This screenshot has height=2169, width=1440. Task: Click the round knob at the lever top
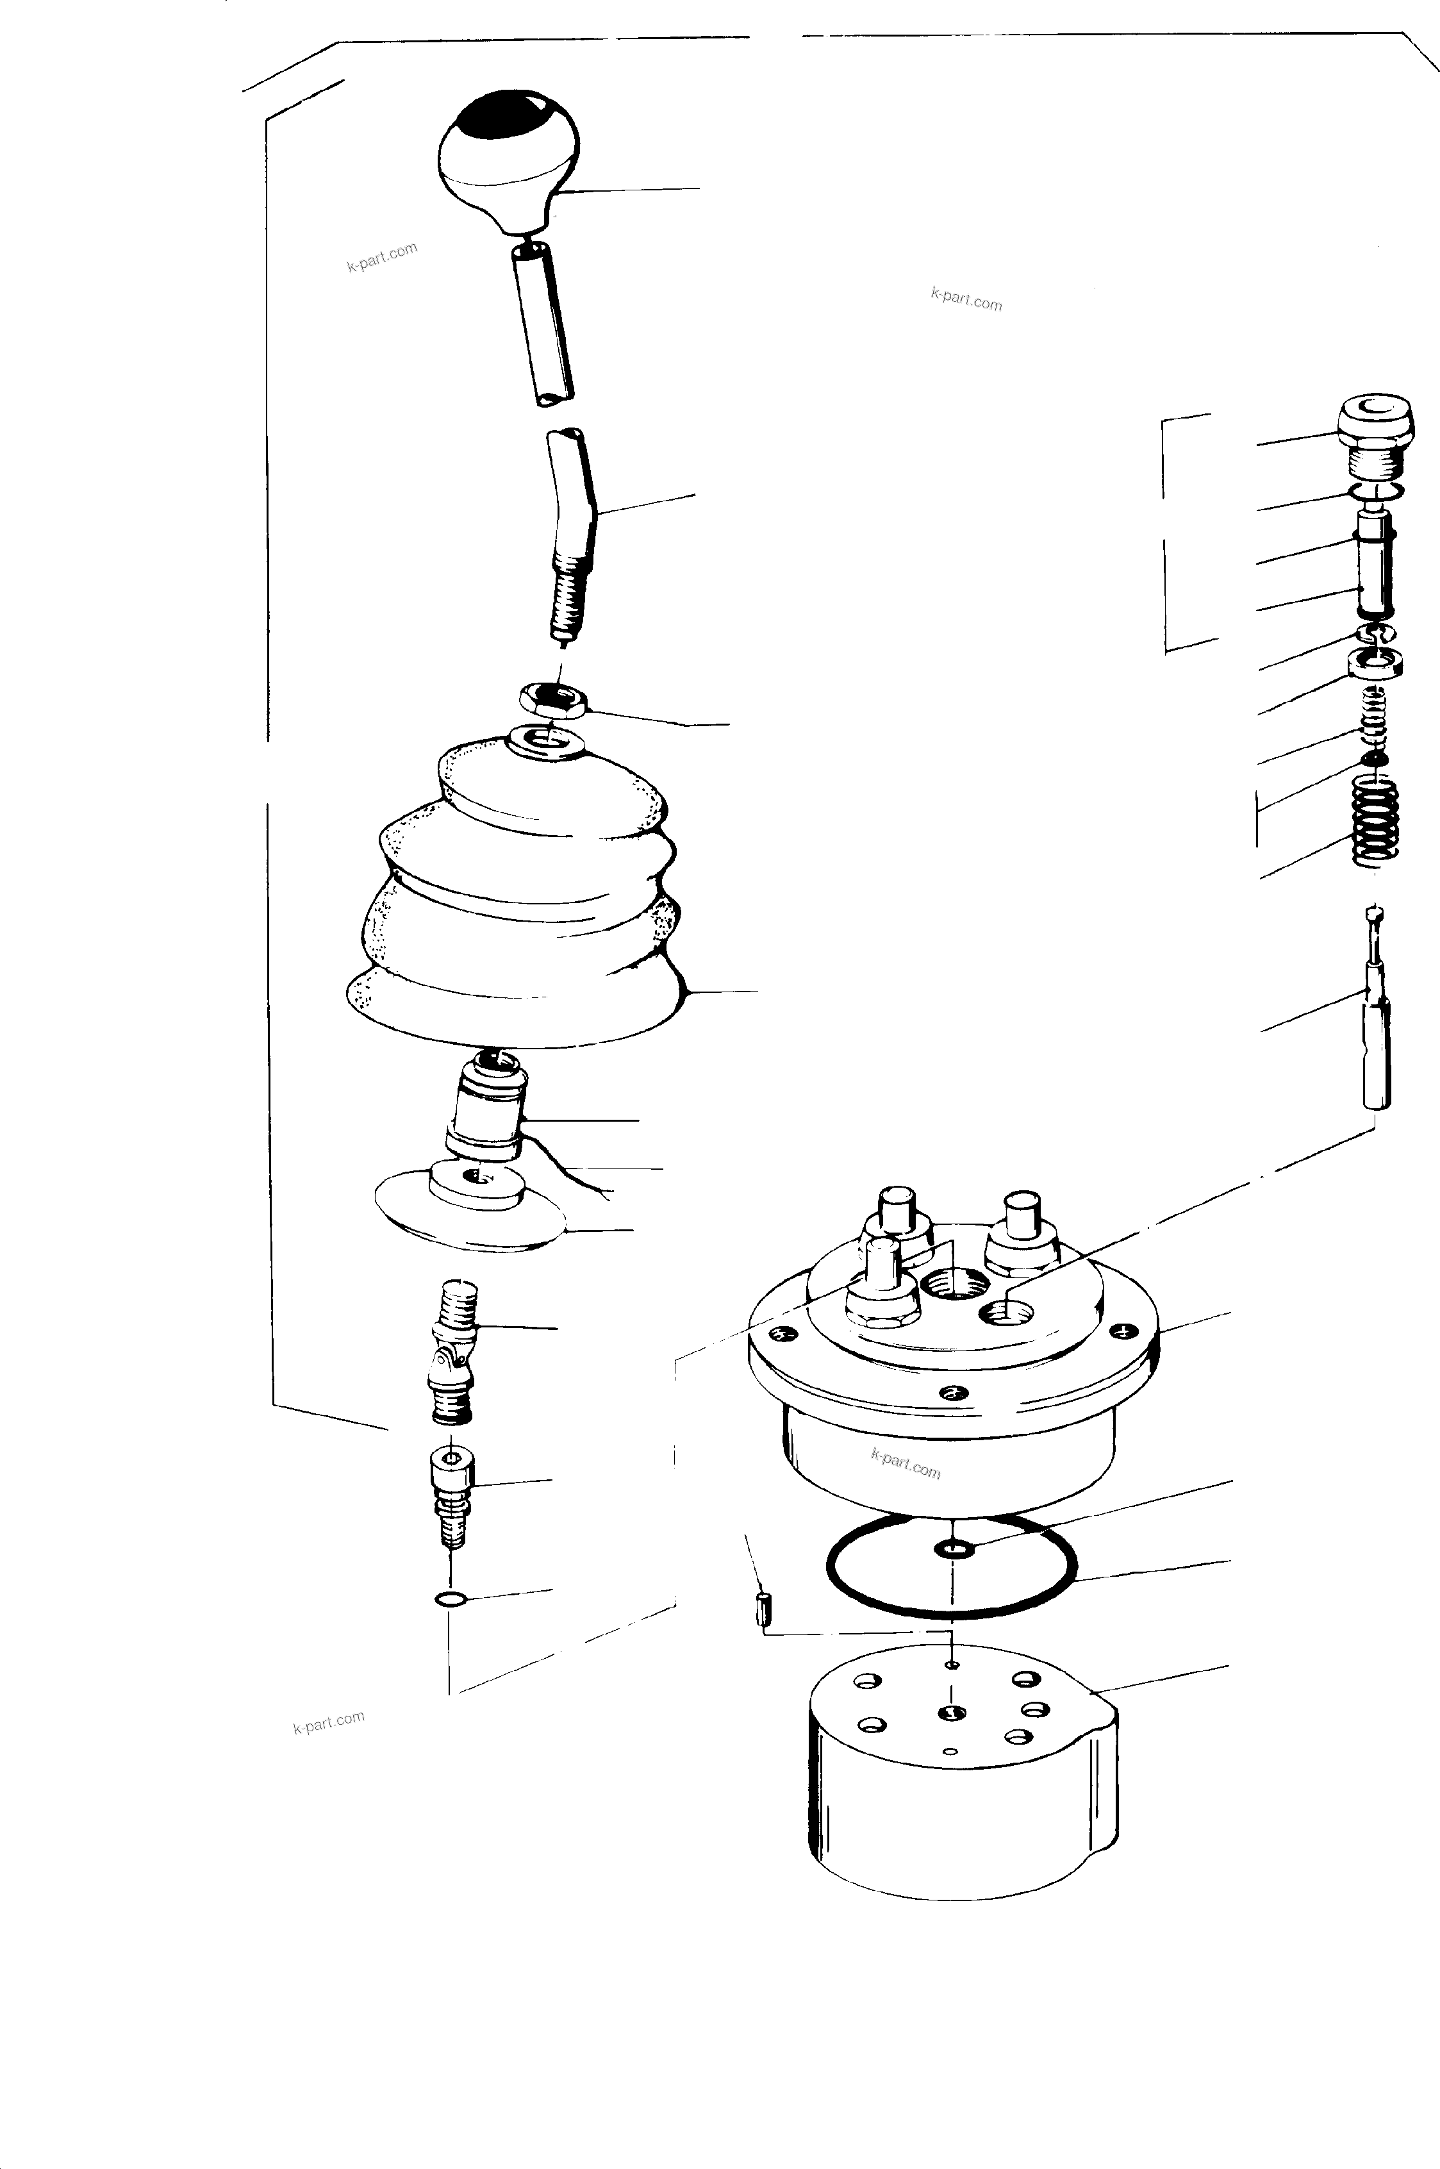tap(509, 161)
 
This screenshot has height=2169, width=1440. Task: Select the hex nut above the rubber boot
tap(553, 702)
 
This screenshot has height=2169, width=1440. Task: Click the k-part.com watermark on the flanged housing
tap(906, 1464)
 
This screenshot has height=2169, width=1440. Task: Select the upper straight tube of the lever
tap(543, 321)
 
